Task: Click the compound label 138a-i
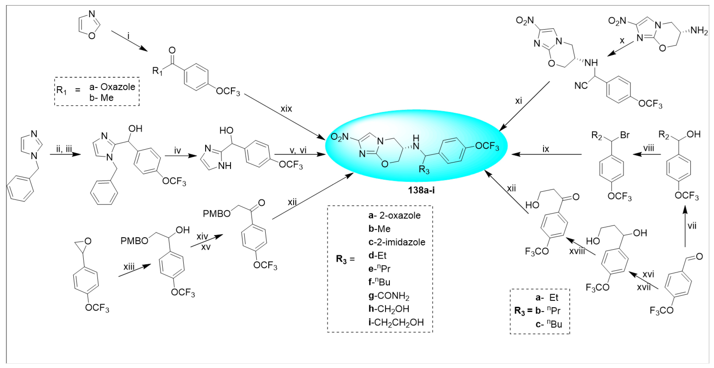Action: coord(421,190)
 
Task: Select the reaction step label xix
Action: coord(286,109)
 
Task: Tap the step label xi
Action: coord(518,101)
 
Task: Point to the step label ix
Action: coord(546,149)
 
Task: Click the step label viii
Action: coord(648,148)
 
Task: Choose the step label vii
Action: coord(692,226)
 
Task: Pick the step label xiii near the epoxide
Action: coord(129,267)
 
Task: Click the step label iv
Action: coord(177,151)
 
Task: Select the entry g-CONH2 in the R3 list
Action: coord(389,296)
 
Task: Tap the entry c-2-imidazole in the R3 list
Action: coord(397,242)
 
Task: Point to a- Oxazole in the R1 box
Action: coord(112,87)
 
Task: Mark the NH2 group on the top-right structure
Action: coord(699,30)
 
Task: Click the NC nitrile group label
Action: coord(581,86)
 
